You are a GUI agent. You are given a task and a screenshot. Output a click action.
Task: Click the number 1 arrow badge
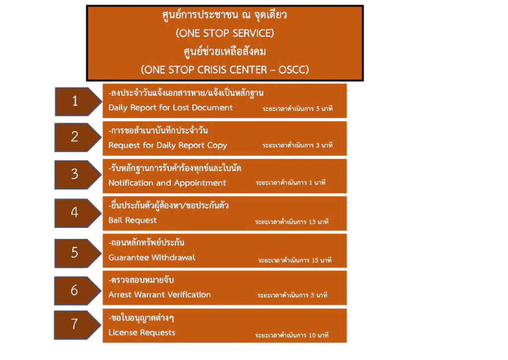pos(75,102)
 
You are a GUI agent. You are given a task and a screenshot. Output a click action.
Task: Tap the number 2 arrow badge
pos(75,137)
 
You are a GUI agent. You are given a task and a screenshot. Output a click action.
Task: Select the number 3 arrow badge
pos(75,174)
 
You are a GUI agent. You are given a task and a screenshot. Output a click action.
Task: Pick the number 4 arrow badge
pos(75,213)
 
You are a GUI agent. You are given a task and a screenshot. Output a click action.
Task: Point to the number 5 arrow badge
pos(75,252)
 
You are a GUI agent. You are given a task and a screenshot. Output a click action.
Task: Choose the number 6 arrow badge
pos(75,290)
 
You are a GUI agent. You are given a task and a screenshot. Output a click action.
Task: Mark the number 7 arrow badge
pos(75,324)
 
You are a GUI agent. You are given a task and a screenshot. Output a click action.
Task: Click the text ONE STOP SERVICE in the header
pos(225,33)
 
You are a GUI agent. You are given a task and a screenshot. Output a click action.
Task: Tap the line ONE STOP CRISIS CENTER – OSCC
pos(225,69)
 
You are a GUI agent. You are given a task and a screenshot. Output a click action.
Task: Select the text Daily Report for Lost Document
pos(171,108)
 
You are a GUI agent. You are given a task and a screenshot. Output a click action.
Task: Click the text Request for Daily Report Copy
pos(168,145)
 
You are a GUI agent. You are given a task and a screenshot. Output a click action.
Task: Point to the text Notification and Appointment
pos(167,183)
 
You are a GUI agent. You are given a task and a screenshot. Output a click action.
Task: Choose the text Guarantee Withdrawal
pos(152,258)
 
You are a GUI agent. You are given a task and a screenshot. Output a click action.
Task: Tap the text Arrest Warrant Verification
pos(160,294)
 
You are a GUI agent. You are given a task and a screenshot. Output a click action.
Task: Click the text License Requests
pos(142,332)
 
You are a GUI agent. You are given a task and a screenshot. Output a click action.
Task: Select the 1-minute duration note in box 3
pos(290,183)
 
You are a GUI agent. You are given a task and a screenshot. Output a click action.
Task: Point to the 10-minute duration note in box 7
pos(292,336)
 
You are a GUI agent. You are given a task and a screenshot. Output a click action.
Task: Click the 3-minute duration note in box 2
pos(297,145)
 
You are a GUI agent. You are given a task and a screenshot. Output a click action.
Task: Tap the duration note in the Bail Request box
pos(292,221)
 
